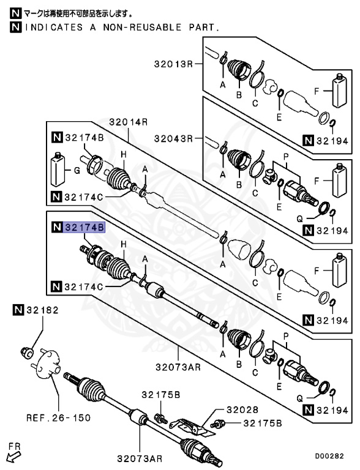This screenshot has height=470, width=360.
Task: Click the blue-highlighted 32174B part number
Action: point(84,228)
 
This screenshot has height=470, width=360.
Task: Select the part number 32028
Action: point(242,409)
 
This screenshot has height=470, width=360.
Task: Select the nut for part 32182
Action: point(27,352)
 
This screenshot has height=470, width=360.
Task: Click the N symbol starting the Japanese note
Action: point(15,12)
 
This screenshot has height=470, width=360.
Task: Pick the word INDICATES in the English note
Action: point(53,28)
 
